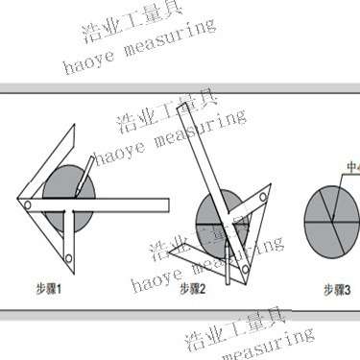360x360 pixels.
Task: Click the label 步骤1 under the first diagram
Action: (x=49, y=285)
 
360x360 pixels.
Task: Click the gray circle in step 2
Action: (x=219, y=218)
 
